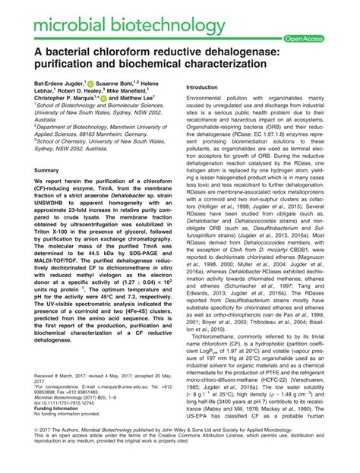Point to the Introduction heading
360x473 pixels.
pyautogui.click(x=207, y=88)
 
